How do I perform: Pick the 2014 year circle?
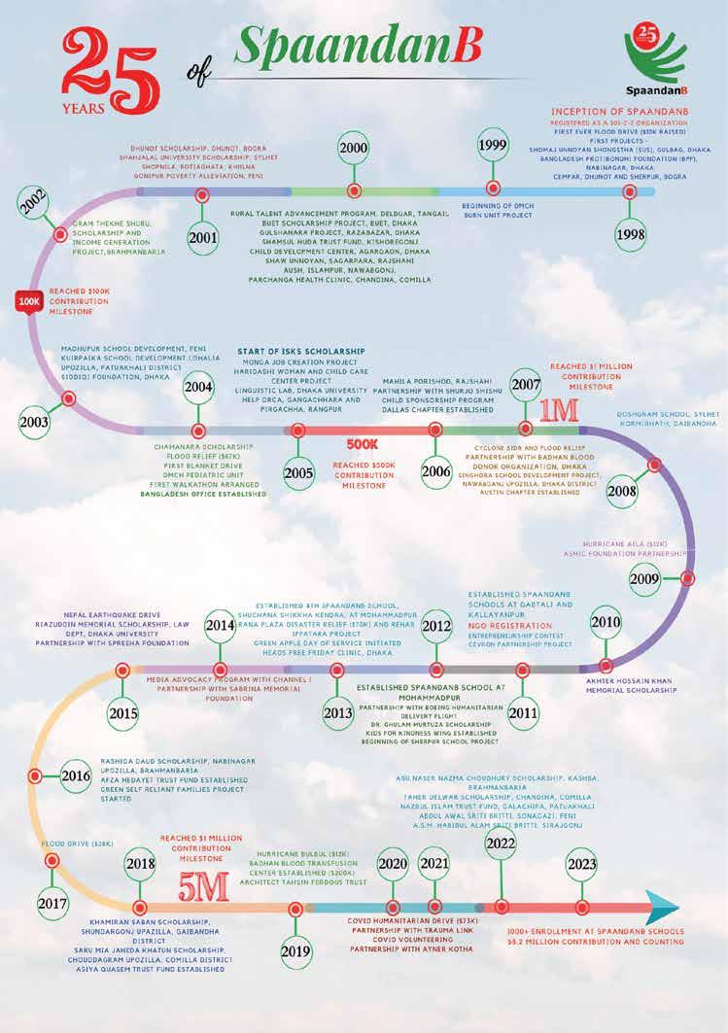tap(220, 627)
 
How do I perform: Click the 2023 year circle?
tap(581, 864)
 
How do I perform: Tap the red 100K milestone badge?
tap(26, 302)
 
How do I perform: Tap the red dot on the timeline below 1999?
tap(499, 191)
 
